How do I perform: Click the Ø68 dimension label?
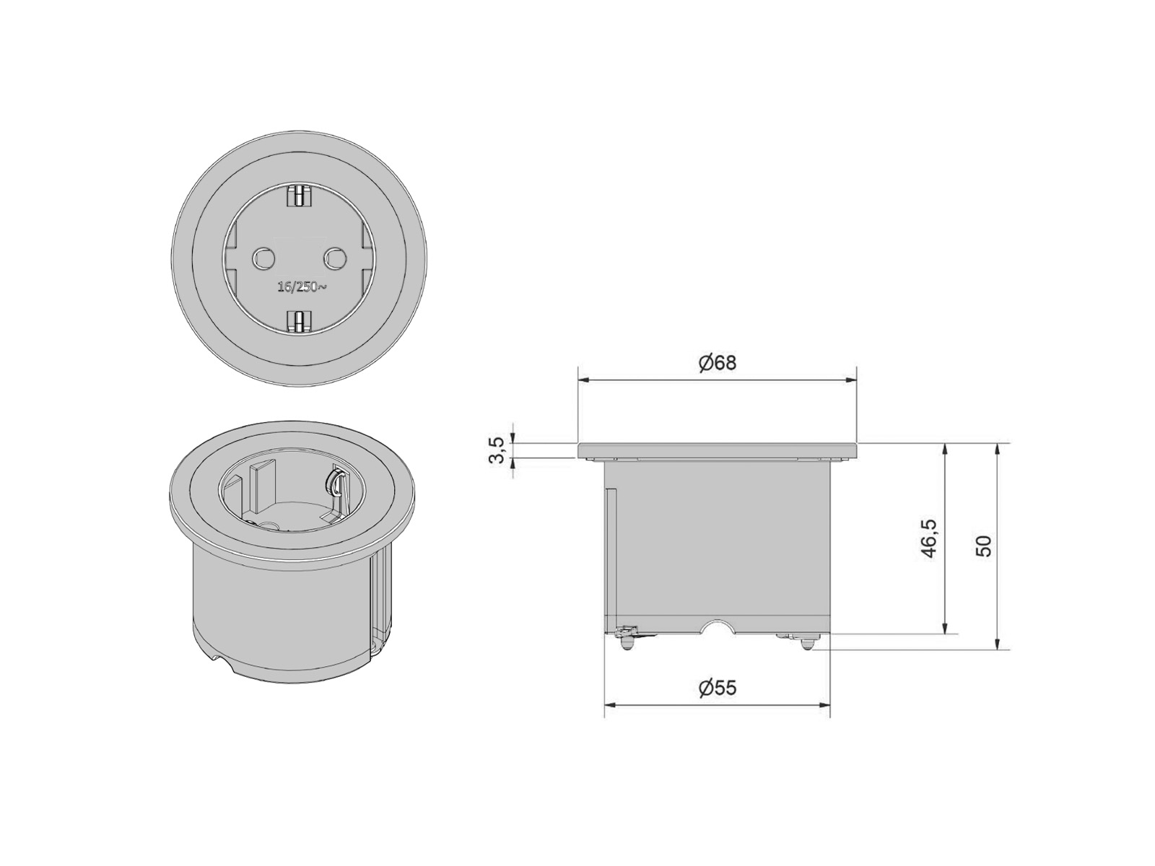718,363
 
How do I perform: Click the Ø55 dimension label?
718,688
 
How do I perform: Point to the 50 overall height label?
983,546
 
